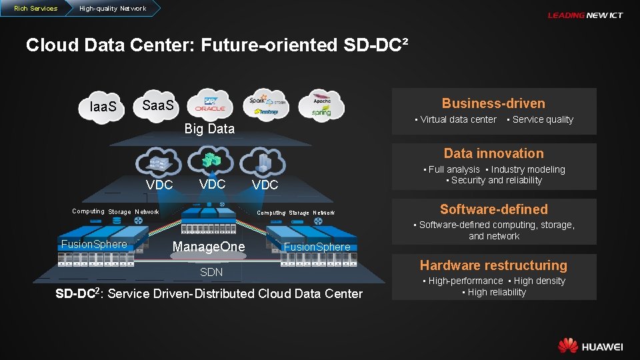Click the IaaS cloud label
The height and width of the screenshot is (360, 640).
coord(103,107)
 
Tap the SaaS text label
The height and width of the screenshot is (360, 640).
coord(158,105)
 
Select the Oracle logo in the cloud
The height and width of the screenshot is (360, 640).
coord(211,108)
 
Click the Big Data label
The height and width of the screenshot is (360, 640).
coord(209,129)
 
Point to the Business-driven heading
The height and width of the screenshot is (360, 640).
coord(493,103)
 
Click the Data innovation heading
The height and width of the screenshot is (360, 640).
coord(493,153)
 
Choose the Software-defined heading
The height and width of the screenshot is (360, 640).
coord(493,209)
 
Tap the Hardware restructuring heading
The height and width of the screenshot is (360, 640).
coord(493,265)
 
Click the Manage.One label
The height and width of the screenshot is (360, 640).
coord(209,247)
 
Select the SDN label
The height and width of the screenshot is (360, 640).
coord(211,272)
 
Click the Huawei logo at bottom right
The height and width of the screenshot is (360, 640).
coord(590,346)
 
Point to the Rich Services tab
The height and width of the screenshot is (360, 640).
coord(35,9)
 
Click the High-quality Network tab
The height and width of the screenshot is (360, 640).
coord(111,9)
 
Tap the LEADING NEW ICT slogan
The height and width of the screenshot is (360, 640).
coord(585,15)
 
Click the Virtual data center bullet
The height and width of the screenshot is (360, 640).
coord(458,120)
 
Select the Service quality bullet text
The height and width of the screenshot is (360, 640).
coord(543,120)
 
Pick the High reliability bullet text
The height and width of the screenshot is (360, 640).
coord(497,292)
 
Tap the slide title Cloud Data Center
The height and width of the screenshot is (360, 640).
coord(217,45)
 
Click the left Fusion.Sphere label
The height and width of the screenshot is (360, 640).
coord(94,244)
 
